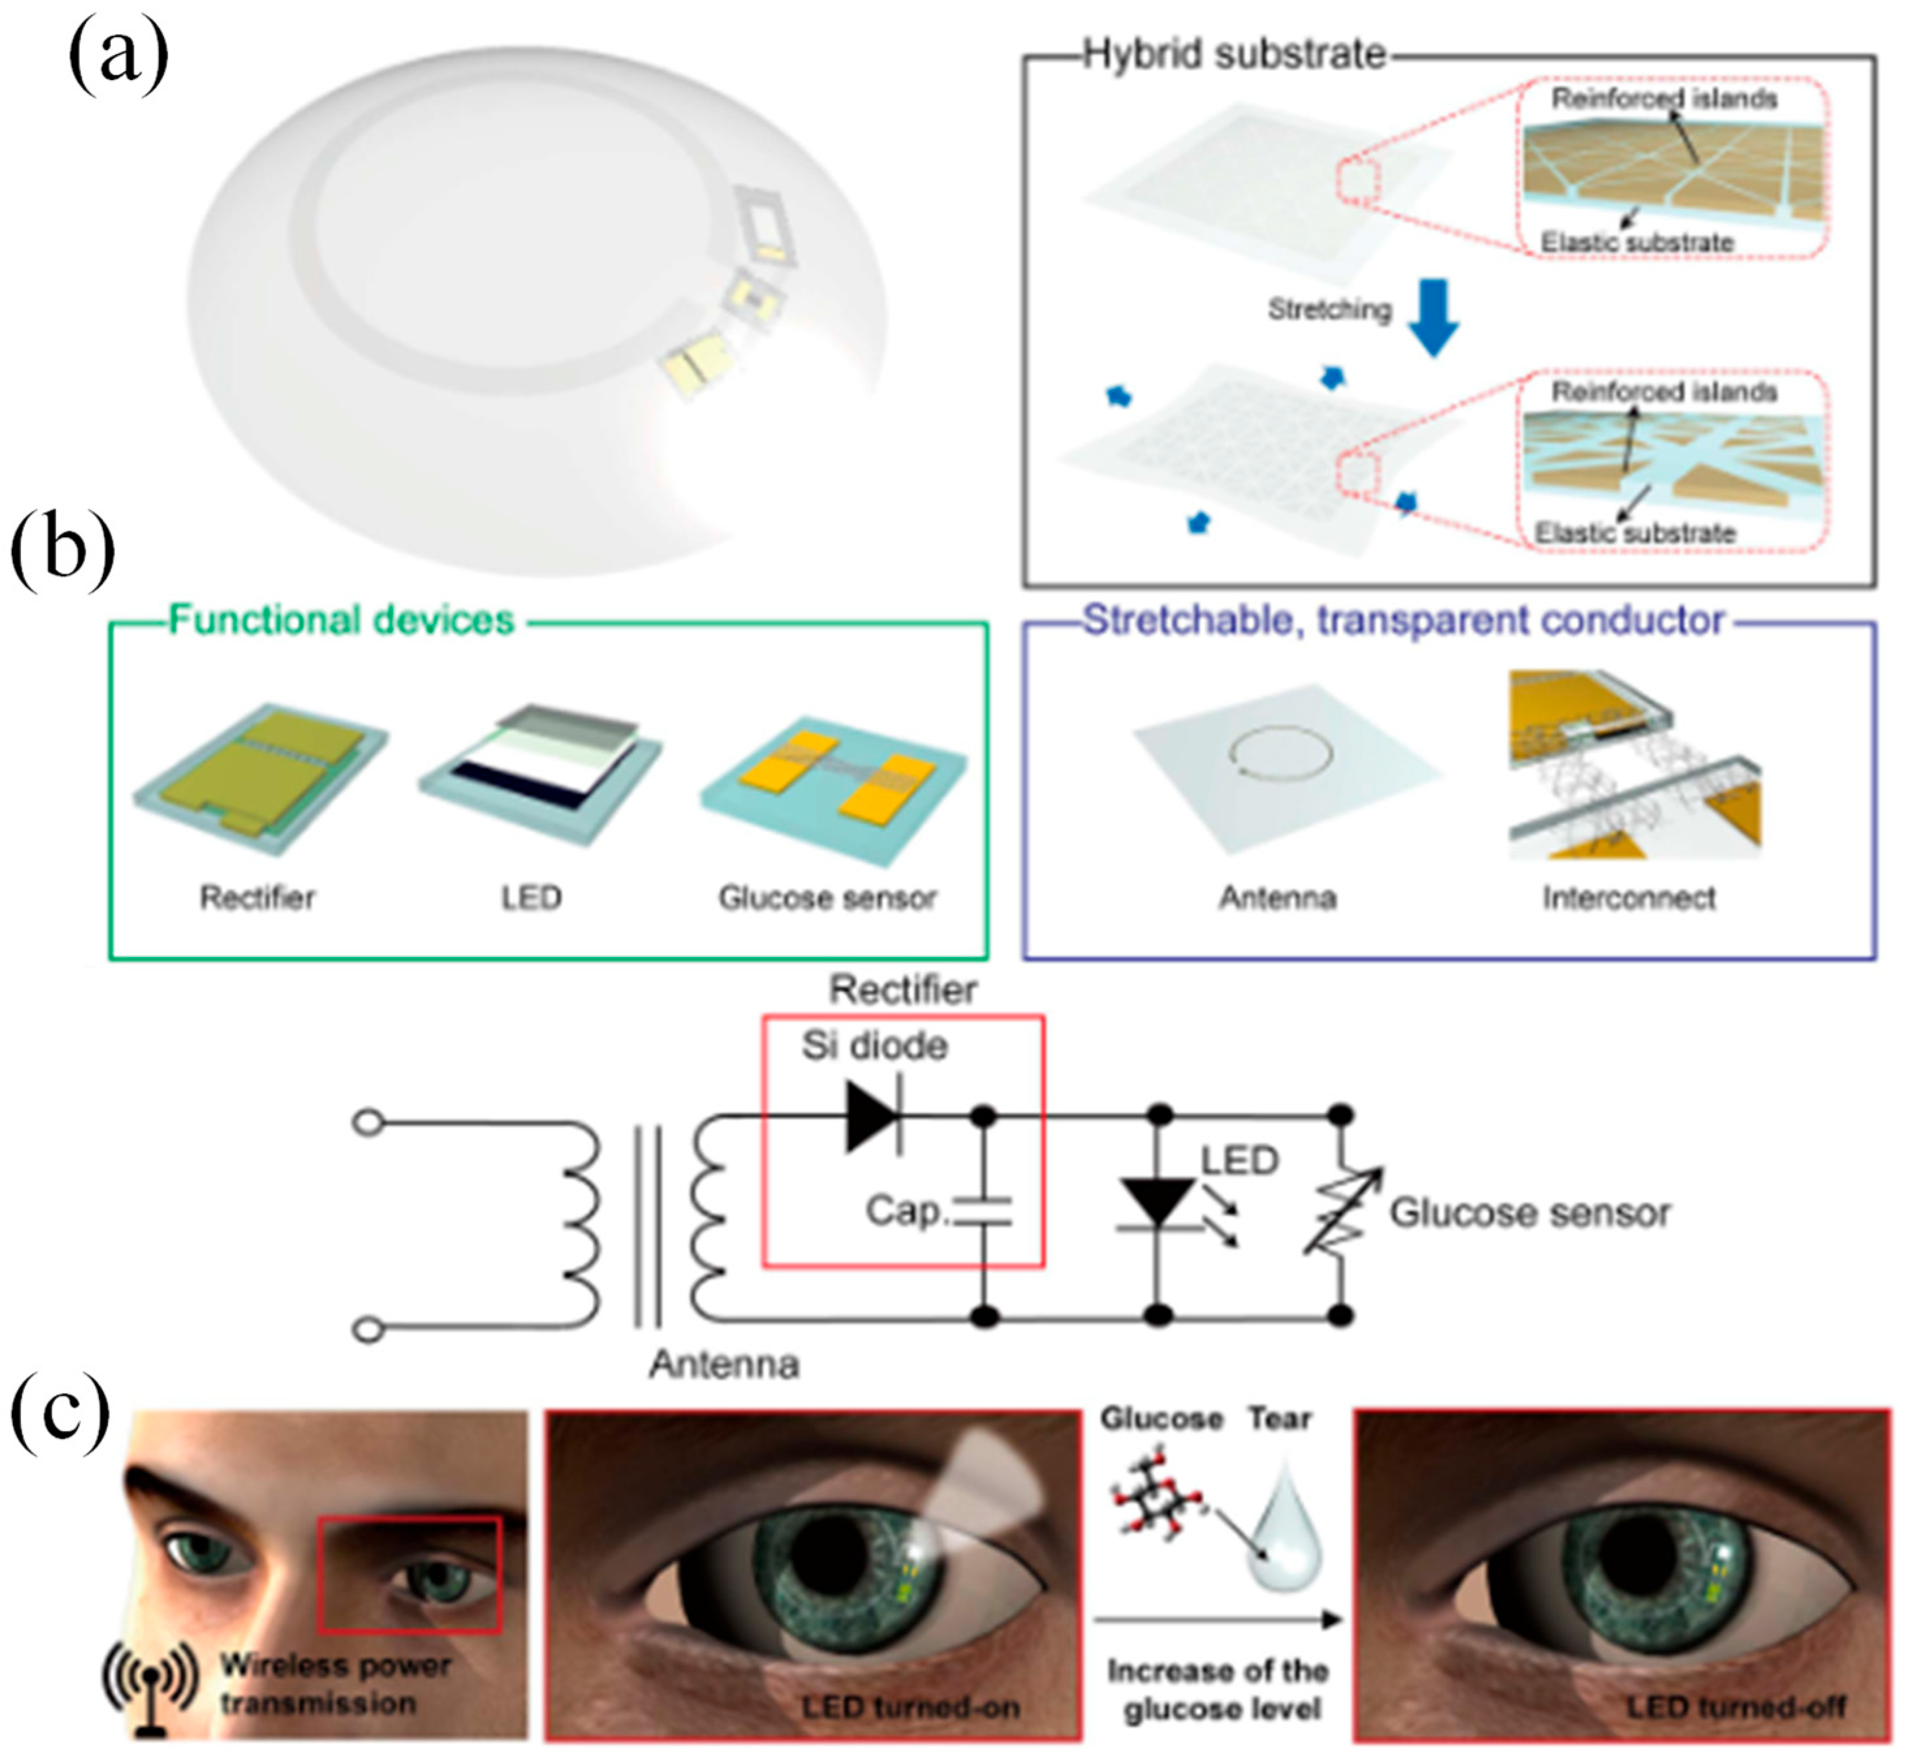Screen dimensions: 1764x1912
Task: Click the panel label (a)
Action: point(117,59)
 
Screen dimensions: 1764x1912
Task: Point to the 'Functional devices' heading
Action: point(340,620)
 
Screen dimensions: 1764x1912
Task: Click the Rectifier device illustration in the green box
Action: point(260,777)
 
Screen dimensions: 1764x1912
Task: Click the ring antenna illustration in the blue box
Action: point(1279,753)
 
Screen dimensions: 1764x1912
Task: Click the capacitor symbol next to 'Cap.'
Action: point(983,1213)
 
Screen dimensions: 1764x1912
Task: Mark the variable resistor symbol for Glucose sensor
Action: point(1341,1213)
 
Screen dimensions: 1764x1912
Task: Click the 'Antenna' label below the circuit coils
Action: point(723,1364)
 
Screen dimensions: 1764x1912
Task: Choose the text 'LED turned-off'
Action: point(1736,1706)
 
